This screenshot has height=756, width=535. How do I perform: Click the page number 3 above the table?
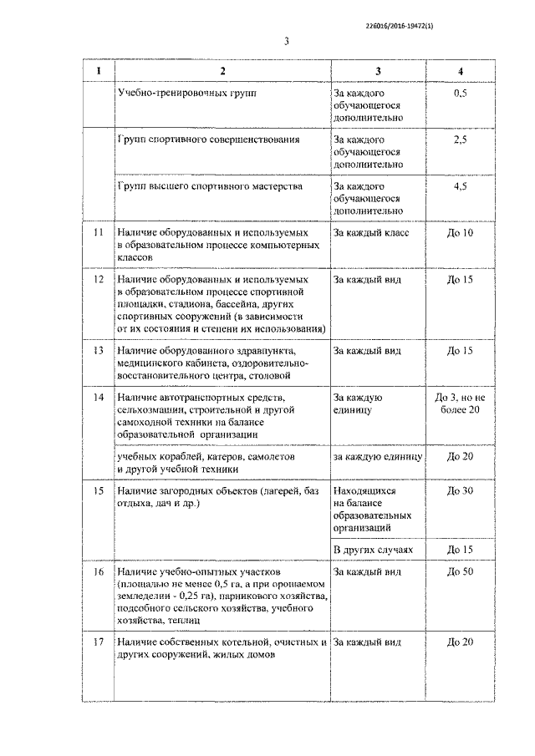pos(286,41)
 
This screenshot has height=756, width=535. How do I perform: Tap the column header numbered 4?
pos(461,70)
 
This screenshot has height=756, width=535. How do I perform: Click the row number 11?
pos(99,232)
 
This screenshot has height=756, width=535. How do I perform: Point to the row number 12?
pos(99,278)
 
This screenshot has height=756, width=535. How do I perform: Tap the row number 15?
pos(99,490)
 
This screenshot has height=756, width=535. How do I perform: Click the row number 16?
pos(99,571)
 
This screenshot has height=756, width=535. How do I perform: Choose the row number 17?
pos(99,642)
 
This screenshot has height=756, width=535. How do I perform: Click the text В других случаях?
pos(374,550)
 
